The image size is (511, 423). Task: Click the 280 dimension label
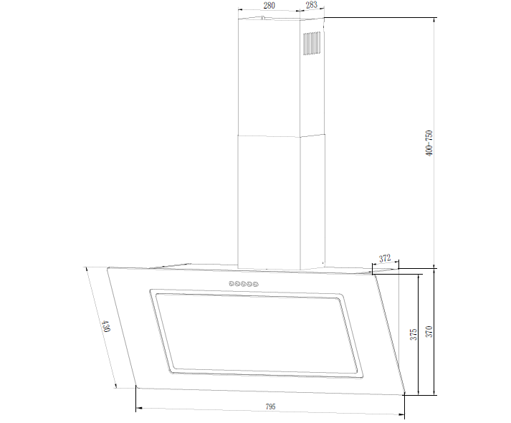point(269,6)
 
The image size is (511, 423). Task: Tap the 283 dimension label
point(312,5)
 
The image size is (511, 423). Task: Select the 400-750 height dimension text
point(429,143)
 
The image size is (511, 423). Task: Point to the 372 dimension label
point(385,258)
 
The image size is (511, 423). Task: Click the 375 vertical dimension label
point(414,334)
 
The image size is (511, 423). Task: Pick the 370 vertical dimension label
point(429,331)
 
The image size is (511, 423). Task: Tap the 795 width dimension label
point(270,407)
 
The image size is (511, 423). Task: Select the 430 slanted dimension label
point(105,326)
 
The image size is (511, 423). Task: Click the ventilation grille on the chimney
point(312,43)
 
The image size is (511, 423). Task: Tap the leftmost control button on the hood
point(231,283)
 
